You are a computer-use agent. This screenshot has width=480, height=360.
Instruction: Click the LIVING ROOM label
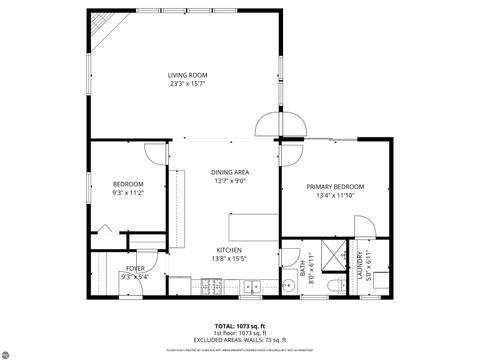click(187, 75)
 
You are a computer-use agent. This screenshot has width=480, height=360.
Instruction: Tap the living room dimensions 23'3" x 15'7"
click(187, 84)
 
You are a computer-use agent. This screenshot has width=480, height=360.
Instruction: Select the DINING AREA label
click(229, 172)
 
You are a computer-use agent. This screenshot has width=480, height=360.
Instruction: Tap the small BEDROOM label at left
click(128, 184)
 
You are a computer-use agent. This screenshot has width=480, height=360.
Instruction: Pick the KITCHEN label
click(229, 250)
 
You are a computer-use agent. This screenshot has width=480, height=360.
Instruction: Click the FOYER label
click(135, 268)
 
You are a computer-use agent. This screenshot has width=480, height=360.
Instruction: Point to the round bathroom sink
click(288, 286)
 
